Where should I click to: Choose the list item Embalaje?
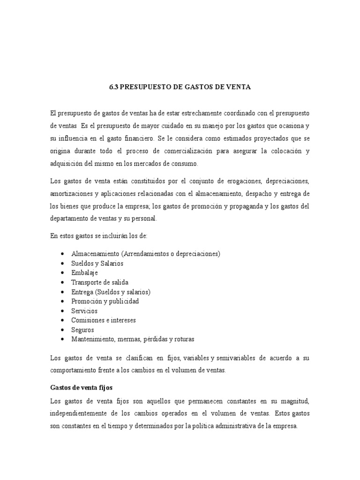click(x=84, y=273)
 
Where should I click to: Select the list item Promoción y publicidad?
click(x=105, y=301)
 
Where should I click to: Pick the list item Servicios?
click(x=84, y=311)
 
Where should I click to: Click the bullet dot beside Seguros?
click(x=63, y=330)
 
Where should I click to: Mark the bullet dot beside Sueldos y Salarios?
click(x=63, y=263)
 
